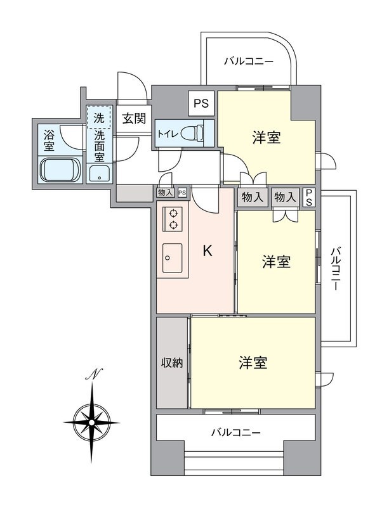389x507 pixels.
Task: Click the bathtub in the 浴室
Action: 60,170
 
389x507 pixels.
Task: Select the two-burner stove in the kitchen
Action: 173,219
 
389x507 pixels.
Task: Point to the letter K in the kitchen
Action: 207,251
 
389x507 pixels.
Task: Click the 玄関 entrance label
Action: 134,117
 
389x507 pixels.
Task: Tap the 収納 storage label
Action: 171,363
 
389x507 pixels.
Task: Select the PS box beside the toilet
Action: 202,103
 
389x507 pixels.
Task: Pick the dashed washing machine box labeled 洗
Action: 99,117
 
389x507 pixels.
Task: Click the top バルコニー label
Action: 249,61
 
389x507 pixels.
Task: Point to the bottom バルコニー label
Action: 235,433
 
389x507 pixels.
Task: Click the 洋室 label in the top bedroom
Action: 267,137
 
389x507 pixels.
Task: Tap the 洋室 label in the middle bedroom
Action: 277,262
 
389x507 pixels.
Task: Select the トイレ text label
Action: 168,134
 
